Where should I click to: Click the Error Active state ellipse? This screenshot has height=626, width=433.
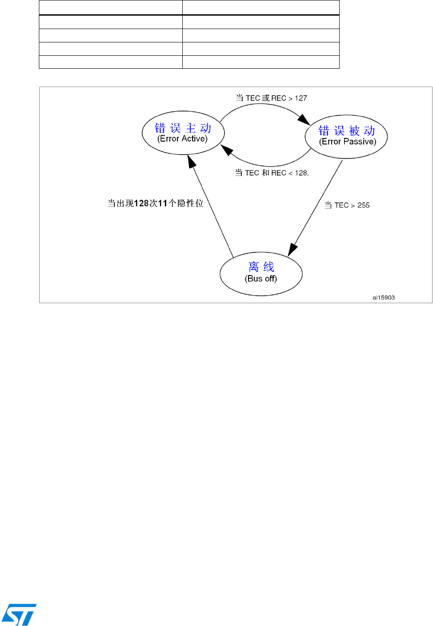tap(183, 133)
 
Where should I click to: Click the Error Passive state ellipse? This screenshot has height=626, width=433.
tap(346, 136)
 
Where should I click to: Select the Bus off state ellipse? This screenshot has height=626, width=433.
tap(261, 274)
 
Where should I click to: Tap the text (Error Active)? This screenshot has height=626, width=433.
tap(182, 139)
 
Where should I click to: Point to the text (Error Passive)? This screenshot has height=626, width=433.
tap(348, 142)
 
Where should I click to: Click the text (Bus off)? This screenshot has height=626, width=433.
tap(261, 279)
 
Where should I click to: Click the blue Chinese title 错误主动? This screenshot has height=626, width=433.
tap(183, 128)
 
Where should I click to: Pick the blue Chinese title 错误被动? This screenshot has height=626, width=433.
tap(347, 130)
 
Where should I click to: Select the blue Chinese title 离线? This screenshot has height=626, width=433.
tap(261, 267)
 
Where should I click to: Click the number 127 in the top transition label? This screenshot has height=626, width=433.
tap(301, 98)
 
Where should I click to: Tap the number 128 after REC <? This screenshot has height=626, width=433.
tap(301, 173)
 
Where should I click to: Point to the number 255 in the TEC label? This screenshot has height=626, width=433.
tap(363, 205)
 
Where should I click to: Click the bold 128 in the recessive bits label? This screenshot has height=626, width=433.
tap(141, 204)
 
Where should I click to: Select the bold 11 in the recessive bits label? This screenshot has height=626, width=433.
tap(163, 204)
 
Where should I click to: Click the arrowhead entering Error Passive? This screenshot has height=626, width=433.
tap(304, 119)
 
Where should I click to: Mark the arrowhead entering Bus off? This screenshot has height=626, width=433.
tap(292, 250)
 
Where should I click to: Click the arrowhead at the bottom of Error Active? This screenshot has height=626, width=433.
tap(192, 161)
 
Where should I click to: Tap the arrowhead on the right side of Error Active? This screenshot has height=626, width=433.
tap(227, 150)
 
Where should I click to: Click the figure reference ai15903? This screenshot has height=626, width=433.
tap(383, 297)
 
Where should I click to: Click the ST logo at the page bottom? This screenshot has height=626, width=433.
tap(19, 615)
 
